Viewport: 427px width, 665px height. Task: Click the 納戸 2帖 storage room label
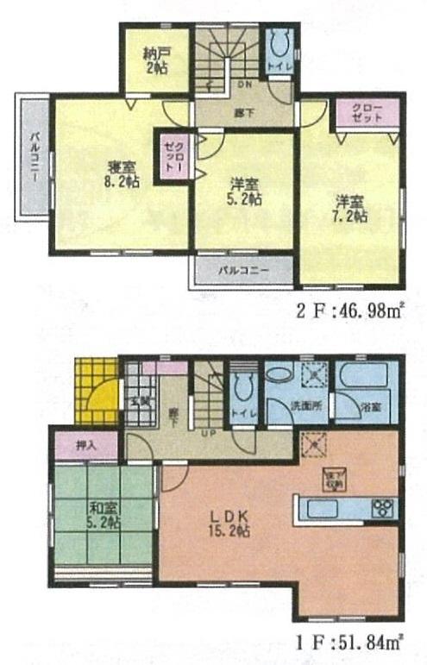pos(155,60)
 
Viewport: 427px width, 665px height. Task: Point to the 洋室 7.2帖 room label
pos(351,210)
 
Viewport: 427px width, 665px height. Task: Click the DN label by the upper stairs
pos(244,85)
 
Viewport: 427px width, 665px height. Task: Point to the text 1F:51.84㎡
pos(351,641)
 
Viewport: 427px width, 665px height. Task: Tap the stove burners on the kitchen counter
pos(382,508)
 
